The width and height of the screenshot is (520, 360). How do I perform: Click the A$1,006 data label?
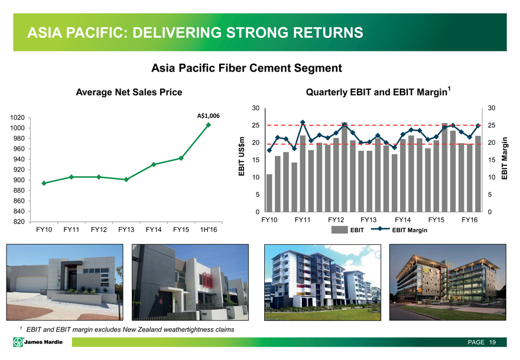click(208, 115)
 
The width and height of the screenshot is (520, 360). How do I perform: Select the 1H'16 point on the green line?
click(209, 125)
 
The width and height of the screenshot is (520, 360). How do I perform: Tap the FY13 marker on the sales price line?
click(126, 180)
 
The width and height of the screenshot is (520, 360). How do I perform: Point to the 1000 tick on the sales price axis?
click(17, 128)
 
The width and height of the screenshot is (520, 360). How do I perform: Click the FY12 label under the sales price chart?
click(99, 229)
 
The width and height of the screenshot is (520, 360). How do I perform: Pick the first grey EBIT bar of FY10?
click(269, 193)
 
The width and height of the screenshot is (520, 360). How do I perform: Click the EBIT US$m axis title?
click(242, 156)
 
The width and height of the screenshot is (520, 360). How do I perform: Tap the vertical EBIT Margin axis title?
click(505, 158)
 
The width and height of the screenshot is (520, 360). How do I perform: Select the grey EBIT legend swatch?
click(340, 229)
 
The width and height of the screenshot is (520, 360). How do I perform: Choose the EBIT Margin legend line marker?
click(380, 229)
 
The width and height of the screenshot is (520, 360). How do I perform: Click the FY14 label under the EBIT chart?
click(402, 220)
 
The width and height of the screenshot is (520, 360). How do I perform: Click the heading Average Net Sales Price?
click(129, 92)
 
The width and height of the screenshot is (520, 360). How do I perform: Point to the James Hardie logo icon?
click(18, 342)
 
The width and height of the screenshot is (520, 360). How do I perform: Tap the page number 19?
click(492, 342)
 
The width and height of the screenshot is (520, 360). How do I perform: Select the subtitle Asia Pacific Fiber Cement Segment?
click(247, 68)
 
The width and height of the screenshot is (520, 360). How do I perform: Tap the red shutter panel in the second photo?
click(207, 280)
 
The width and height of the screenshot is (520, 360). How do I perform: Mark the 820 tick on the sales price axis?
click(19, 222)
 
